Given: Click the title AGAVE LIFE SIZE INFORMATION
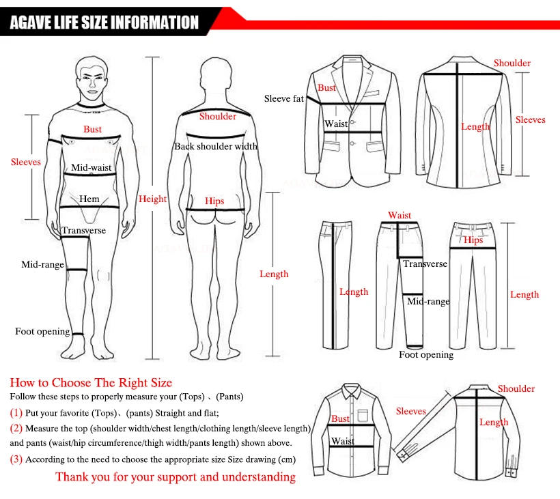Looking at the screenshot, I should (104, 23).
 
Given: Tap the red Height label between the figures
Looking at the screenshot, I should (152, 199).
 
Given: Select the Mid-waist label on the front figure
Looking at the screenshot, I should (91, 167).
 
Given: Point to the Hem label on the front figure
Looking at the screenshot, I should (89, 199).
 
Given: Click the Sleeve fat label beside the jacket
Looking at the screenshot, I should (283, 99).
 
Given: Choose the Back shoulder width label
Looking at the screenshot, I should (215, 146).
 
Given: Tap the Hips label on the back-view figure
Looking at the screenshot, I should (214, 201).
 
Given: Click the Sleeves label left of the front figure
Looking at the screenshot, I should (26, 162).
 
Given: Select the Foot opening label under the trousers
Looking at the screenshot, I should (426, 355).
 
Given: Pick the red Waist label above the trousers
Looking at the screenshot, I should (400, 216).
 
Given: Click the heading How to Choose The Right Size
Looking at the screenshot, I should (91, 383).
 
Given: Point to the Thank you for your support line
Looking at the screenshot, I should (176, 477).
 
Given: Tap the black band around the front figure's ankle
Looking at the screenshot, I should (78, 334).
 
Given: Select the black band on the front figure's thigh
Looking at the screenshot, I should (76, 270).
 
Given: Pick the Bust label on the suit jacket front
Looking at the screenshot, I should (326, 88).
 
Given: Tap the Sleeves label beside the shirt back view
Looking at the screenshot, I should (410, 412).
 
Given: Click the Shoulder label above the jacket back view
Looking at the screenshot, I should (512, 63).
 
